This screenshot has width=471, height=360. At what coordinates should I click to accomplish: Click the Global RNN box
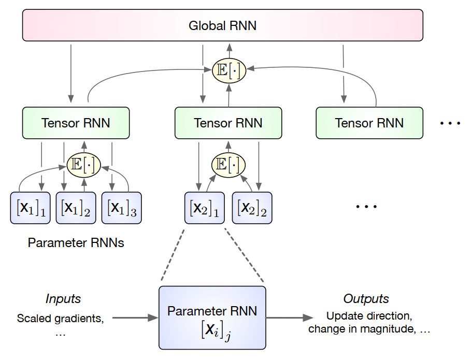223,25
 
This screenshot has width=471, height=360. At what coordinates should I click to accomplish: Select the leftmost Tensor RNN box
76,123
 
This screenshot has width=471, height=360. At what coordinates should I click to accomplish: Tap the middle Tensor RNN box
228,123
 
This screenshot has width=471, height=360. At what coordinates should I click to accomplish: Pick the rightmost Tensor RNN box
369,123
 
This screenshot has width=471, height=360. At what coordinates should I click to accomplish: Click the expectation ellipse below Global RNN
229,70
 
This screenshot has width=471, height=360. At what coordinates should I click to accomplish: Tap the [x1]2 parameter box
76,208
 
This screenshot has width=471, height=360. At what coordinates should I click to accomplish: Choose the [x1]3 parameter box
121,208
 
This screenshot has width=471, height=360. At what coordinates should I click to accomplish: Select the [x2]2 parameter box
252,208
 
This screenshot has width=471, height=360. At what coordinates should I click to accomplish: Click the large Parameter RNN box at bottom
212,317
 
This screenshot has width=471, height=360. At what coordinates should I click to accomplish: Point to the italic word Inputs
63,299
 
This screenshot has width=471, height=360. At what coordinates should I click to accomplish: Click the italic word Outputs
366,299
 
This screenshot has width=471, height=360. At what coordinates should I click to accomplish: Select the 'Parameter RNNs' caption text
76,242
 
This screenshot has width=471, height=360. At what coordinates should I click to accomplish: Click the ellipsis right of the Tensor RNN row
450,123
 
